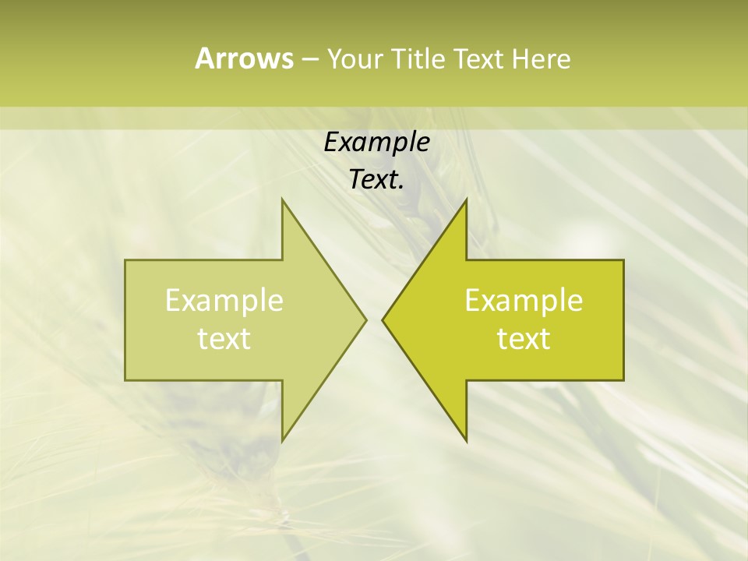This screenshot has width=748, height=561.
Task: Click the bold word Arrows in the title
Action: (x=244, y=58)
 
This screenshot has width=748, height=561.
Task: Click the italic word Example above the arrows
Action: (x=376, y=143)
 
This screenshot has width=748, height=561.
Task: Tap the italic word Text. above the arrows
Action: (x=376, y=179)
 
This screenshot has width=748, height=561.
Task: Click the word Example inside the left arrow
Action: (x=224, y=301)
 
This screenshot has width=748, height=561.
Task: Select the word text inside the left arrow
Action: (x=224, y=339)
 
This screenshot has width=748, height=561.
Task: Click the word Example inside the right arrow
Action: (x=524, y=301)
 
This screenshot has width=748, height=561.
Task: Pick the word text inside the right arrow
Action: (x=524, y=339)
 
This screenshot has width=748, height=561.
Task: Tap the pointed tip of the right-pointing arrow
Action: (x=365, y=319)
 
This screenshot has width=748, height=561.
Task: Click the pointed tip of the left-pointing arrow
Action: (x=383, y=319)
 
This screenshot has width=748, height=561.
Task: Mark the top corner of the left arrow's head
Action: (x=282, y=199)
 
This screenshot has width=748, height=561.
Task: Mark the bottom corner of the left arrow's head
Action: (x=282, y=441)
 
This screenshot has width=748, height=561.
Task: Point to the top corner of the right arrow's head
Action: (x=466, y=199)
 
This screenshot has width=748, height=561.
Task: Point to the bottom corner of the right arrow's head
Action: (x=466, y=441)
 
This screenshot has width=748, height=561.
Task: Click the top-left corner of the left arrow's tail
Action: (x=126, y=261)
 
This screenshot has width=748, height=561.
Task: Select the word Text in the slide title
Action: (x=478, y=59)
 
